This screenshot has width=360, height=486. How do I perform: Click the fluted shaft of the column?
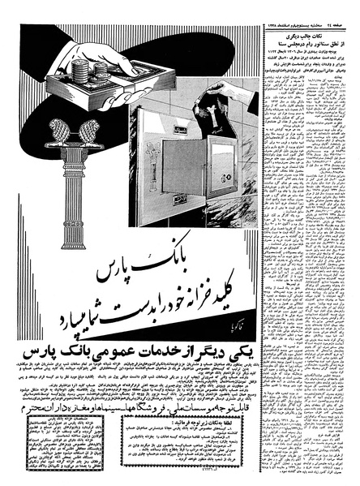(x=65, y=183)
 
